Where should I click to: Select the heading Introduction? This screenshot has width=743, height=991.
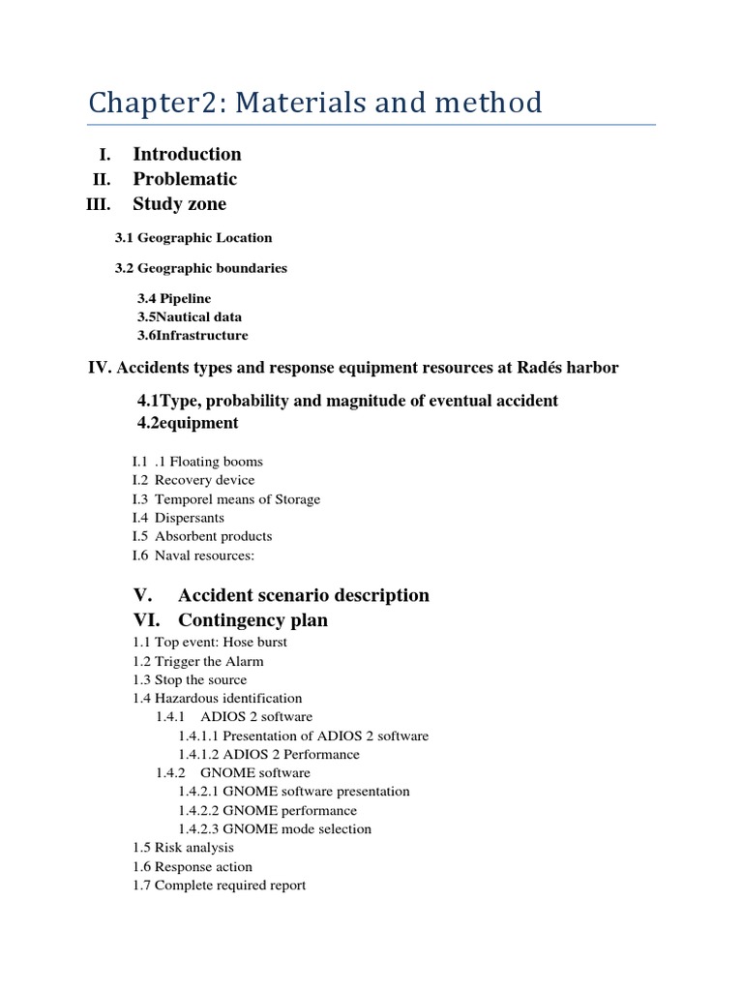coord(187,154)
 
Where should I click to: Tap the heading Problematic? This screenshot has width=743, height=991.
coord(184,179)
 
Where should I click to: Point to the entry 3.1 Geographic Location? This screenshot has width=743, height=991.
coord(193,237)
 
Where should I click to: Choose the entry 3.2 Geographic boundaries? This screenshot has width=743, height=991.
coord(200,267)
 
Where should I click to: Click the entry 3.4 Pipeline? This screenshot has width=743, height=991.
coord(173,299)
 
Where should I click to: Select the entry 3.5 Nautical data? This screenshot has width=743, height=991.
coord(189,316)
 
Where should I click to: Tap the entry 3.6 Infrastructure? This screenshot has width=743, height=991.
coord(192,335)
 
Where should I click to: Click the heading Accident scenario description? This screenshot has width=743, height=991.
coord(303,595)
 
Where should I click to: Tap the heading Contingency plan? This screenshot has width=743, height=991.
coord(253,620)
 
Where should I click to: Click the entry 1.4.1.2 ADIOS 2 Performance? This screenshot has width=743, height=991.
coord(268,754)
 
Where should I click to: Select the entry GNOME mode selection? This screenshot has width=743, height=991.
coord(274,828)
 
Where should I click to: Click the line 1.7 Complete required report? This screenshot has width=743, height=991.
coord(219,885)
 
